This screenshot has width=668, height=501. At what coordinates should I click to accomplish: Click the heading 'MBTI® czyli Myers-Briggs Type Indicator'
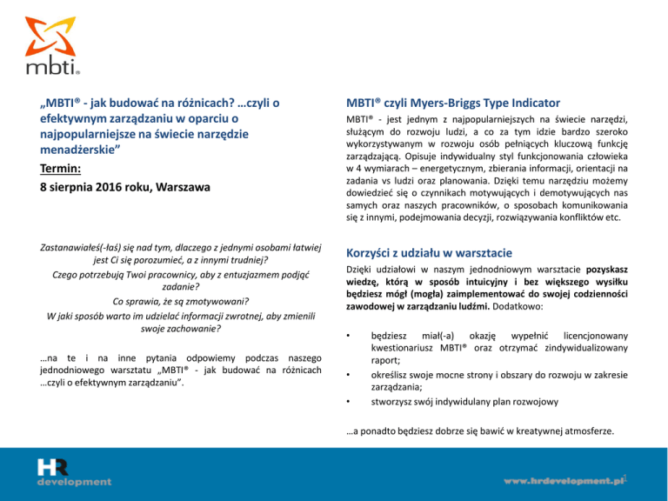point(452,103)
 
